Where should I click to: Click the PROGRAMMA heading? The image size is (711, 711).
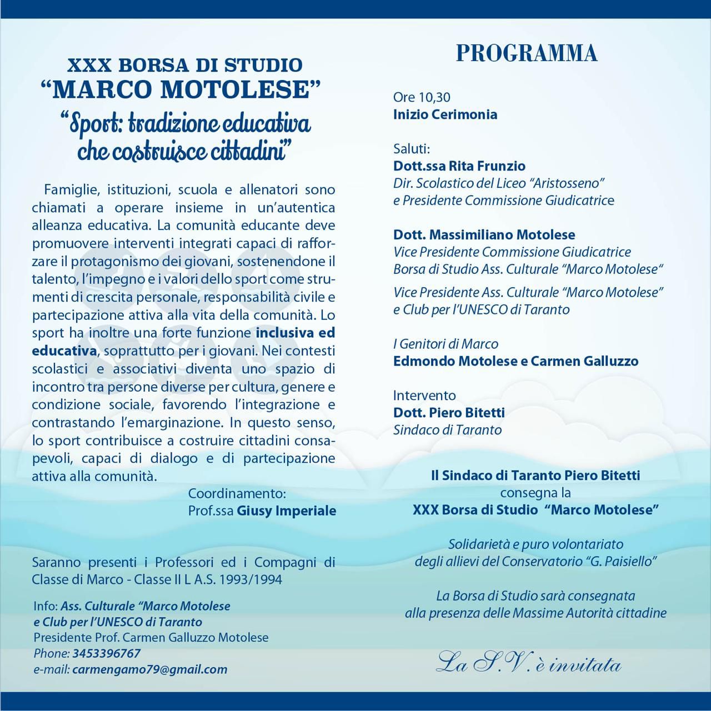pyautogui.click(x=527, y=53)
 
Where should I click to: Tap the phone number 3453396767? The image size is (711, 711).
pyautogui.click(x=106, y=653)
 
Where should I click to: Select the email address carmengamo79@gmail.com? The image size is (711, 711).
pyautogui.click(x=149, y=669)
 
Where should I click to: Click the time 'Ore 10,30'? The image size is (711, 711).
pyautogui.click(x=422, y=97)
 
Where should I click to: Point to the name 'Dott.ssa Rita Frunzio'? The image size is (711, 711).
pyautogui.click(x=459, y=166)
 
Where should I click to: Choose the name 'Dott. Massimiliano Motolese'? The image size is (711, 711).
pyautogui.click(x=484, y=235)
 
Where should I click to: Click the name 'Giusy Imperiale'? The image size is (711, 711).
pyautogui.click(x=287, y=510)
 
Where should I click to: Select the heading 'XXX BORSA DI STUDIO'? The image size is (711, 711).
pyautogui.click(x=184, y=65)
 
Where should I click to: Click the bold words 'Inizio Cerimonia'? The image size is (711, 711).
pyautogui.click(x=445, y=115)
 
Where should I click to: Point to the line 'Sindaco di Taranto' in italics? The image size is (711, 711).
pyautogui.click(x=447, y=430)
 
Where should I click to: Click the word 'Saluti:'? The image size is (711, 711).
pyautogui.click(x=412, y=149)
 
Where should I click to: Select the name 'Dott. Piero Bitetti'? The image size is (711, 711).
pyautogui.click(x=449, y=413)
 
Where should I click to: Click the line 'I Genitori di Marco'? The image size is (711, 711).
pyautogui.click(x=445, y=344)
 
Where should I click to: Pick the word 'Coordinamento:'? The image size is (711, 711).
pyautogui.click(x=237, y=493)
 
